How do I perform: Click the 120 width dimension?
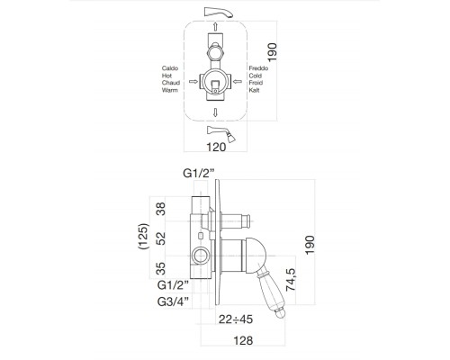(x=216, y=147)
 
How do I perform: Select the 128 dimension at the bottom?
(x=243, y=340)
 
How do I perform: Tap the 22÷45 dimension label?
(x=236, y=319)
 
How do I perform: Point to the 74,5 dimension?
(x=291, y=280)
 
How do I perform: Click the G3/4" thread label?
(x=174, y=301)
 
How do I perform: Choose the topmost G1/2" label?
(x=199, y=173)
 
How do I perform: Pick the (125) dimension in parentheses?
(x=143, y=236)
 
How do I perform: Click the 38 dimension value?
(x=161, y=209)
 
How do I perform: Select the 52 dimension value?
(x=161, y=238)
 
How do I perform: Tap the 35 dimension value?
(x=161, y=268)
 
